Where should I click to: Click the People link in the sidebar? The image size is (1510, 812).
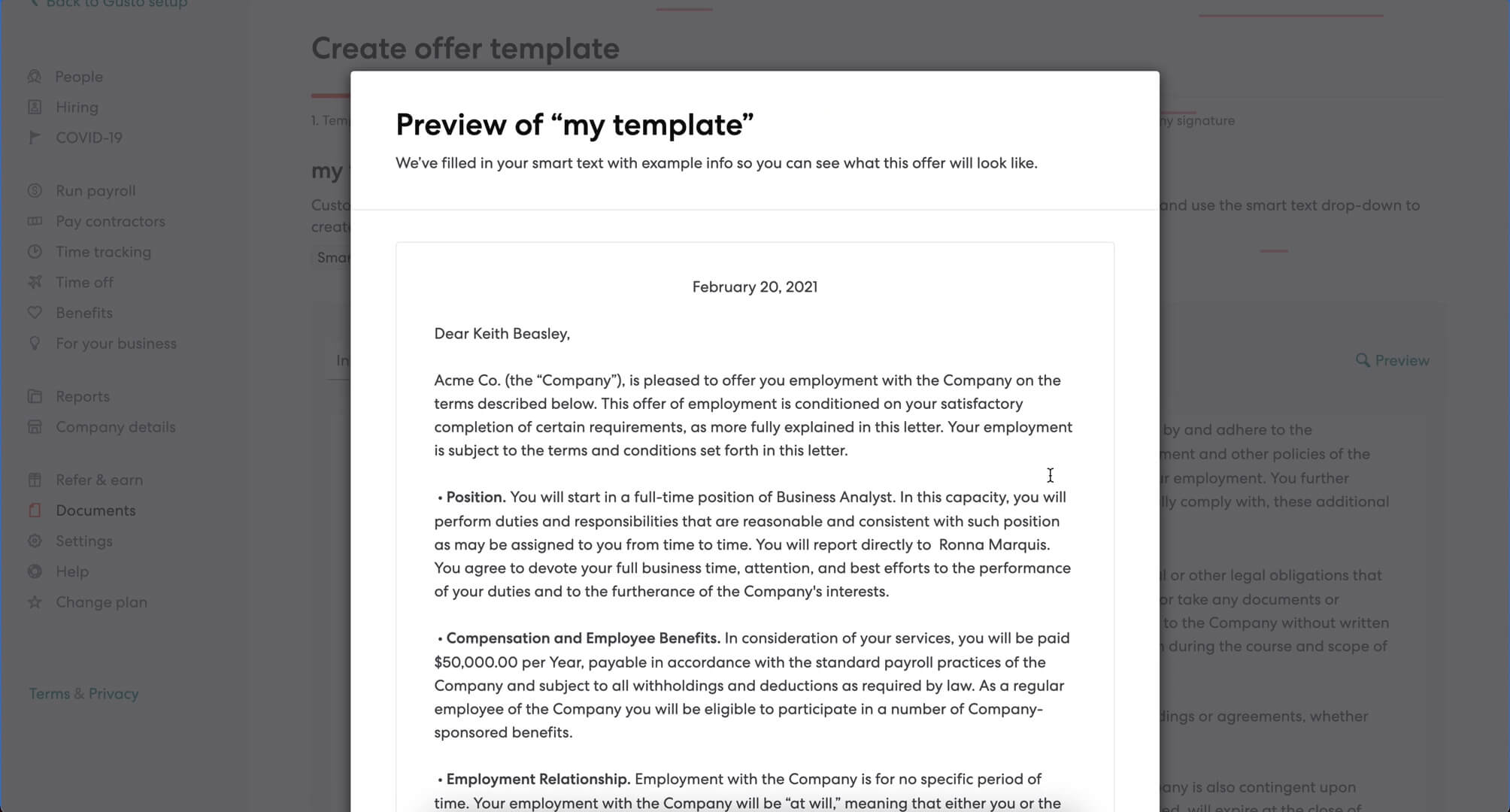[78, 77]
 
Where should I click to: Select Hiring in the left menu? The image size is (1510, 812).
[77, 108]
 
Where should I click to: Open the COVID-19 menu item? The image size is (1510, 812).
[89, 138]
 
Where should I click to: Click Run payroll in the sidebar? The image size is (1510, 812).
[96, 191]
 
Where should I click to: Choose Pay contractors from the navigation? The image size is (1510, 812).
[110, 222]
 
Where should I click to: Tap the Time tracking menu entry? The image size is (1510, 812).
[103, 252]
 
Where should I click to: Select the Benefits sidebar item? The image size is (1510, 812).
[83, 313]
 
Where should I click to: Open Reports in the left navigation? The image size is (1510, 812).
[82, 396]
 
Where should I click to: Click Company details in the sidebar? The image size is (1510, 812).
[115, 427]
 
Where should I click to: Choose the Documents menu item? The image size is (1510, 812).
[96, 511]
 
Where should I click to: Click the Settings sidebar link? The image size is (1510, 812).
[83, 541]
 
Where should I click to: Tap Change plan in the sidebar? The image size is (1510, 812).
[101, 602]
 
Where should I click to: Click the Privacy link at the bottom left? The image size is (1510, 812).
[114, 694]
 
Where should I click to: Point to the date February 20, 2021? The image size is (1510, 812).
[754, 287]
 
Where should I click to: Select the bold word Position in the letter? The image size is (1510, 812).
[475, 498]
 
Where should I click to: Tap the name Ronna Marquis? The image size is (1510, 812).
[993, 545]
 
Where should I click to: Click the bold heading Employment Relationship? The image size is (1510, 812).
[538, 780]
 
